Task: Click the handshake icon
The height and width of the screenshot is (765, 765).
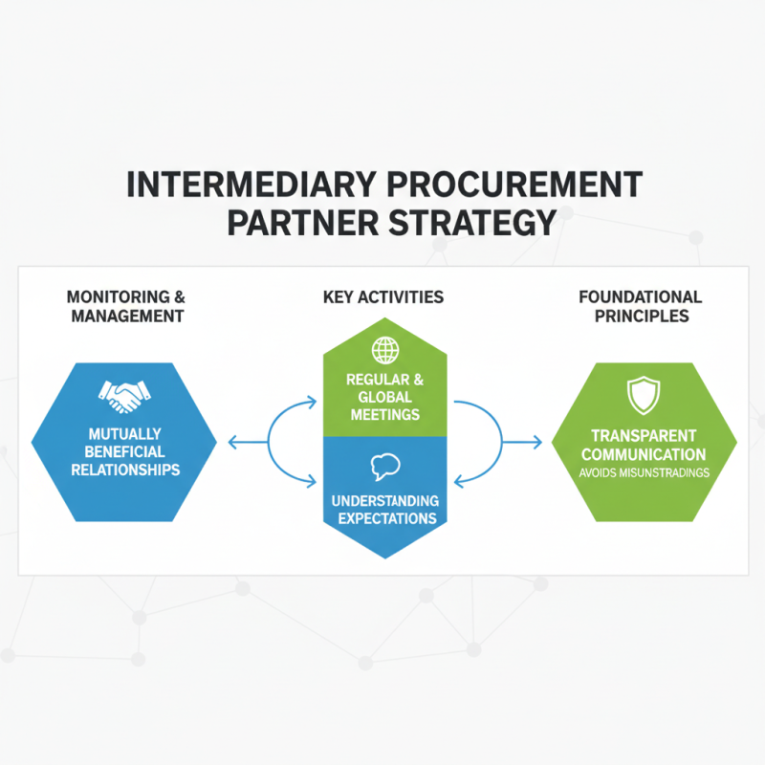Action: coord(124,396)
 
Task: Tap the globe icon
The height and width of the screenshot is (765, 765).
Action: coord(385,350)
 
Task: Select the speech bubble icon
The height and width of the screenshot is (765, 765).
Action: coord(385,467)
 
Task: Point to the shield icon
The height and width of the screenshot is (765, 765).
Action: coord(644,395)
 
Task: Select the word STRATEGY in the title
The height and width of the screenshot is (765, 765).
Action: coord(472,223)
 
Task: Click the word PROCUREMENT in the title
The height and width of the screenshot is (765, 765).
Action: coord(514,185)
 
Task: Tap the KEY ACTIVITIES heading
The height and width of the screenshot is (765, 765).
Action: coord(383,297)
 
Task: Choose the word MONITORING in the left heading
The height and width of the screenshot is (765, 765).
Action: coord(118,297)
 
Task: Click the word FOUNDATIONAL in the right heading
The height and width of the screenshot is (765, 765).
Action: coord(640,297)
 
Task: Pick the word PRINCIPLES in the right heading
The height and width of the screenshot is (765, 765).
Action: coord(642,317)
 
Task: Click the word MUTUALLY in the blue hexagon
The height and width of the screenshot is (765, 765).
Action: coord(125,434)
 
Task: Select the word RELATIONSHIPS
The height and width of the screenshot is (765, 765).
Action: coord(125,470)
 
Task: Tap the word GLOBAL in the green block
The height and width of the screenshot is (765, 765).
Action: coord(385,397)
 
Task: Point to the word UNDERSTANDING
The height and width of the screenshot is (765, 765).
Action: coord(385,500)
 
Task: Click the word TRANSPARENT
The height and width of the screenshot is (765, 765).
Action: coord(644,435)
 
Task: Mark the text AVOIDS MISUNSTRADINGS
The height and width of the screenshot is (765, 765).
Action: coord(644,472)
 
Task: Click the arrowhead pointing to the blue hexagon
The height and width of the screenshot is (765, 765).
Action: coord(232,443)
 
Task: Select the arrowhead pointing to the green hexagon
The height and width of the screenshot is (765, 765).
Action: coord(537,443)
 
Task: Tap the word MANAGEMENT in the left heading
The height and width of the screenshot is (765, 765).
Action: coord(127,317)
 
